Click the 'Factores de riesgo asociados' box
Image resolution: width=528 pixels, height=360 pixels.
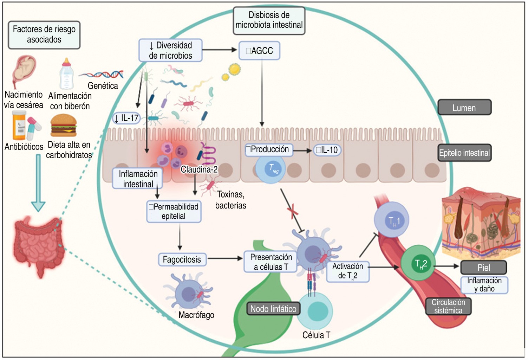tap(44, 34)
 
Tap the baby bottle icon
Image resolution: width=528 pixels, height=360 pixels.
tap(66, 74)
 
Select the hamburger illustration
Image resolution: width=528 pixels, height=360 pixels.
tap(64, 126)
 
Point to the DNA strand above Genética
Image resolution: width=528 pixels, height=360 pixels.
tap(101, 74)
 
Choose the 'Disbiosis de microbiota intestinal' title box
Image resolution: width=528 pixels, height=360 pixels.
tap(269, 20)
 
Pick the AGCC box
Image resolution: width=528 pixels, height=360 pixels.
tap(259, 51)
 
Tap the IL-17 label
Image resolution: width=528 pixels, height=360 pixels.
tap(126, 118)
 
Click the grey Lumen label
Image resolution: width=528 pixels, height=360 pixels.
tap(464, 108)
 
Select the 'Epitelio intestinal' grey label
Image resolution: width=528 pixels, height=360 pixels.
tap(464, 153)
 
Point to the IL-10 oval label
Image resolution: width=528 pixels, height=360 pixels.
tap(327, 150)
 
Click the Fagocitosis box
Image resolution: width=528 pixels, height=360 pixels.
tap(182, 260)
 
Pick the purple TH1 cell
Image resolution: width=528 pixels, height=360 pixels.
tap(392, 220)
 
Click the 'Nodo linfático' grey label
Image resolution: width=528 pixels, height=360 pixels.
tap(273, 309)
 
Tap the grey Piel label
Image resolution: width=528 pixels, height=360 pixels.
tap(483, 268)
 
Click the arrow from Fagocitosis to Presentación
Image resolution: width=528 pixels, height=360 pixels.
tap(225, 259)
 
